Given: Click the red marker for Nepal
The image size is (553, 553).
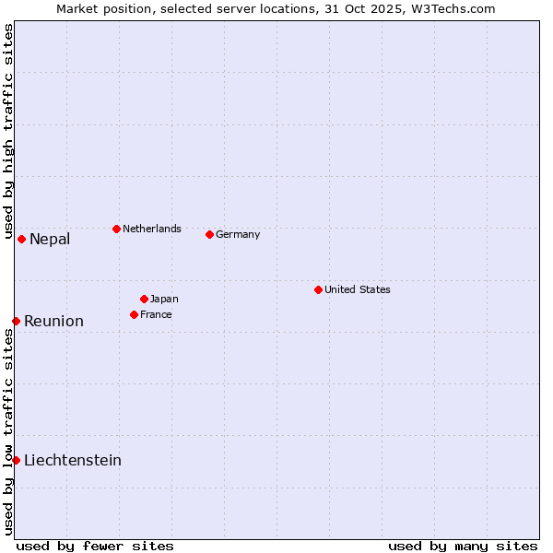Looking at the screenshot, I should coord(21,239).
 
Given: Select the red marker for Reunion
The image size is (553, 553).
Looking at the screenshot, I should coord(16,321).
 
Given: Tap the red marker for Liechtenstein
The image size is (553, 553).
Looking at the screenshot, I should coord(16,460).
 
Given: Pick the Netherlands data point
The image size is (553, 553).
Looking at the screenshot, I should coord(116,229).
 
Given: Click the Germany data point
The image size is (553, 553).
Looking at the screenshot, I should coord(209,234).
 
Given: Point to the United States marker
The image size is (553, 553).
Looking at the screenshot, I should coord(318,289).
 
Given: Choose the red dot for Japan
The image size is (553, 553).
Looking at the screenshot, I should coord(144,299).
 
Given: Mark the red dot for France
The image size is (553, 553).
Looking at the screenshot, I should coord(134,314).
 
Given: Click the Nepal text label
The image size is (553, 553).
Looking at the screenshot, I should coord(50,240).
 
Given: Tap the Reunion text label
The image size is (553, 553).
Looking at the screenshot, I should coord(53,322).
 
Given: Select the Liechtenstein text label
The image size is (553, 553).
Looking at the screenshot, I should coord(73,461).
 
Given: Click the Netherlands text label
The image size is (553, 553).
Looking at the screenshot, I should coord(152,229).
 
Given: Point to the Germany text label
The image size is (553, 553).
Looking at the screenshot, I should coord(238,235).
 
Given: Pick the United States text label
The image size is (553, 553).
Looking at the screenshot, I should coord(358,289).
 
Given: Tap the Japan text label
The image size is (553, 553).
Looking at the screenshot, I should coord(164,299).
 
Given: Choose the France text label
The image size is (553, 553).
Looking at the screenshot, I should coord(156,314).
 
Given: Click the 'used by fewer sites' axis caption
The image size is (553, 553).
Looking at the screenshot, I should coord(95,546).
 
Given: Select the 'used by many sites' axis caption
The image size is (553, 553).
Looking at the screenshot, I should coord(463,546).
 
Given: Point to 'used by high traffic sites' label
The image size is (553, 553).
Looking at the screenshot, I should coord(8,132).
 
